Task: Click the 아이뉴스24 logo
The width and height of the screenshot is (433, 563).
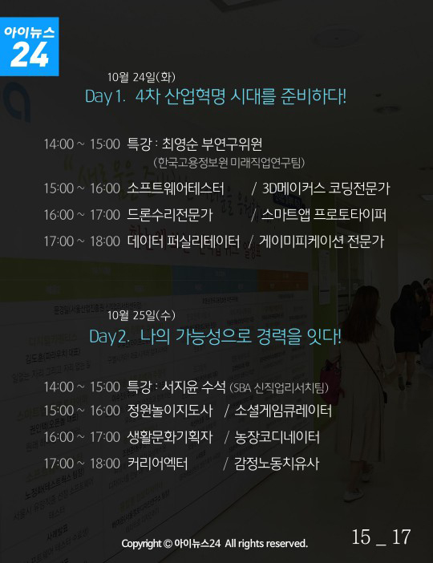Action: [30, 47]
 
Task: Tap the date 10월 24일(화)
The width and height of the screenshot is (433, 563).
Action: [141, 77]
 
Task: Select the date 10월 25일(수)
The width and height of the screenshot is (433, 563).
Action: [141, 315]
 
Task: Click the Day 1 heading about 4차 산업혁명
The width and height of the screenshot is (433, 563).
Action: [216, 96]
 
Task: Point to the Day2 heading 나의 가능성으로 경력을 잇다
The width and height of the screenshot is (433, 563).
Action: [216, 336]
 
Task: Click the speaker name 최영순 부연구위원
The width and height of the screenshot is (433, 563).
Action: [212, 144]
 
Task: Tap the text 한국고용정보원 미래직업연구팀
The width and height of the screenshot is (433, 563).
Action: [229, 163]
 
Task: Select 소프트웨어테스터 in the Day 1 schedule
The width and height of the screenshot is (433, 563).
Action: [176, 188]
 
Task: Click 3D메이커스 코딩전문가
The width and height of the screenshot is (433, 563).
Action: [326, 188]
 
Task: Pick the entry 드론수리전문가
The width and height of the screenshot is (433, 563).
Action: [170, 215]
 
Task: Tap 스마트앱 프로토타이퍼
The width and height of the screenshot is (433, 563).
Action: [324, 215]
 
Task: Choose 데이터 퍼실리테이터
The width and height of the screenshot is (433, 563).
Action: [184, 241]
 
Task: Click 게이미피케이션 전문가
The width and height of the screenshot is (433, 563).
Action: [322, 241]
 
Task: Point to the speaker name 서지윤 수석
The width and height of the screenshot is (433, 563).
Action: [193, 387]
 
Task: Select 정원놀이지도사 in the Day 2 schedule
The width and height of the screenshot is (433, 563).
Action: [170, 411]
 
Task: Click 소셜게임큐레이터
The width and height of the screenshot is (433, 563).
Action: [283, 411]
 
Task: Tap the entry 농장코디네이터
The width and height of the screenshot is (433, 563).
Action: [277, 437]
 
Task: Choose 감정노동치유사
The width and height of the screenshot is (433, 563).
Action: [277, 464]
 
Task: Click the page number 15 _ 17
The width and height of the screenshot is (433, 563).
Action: [381, 537]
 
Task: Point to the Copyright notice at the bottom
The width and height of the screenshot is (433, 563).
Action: [214, 543]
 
